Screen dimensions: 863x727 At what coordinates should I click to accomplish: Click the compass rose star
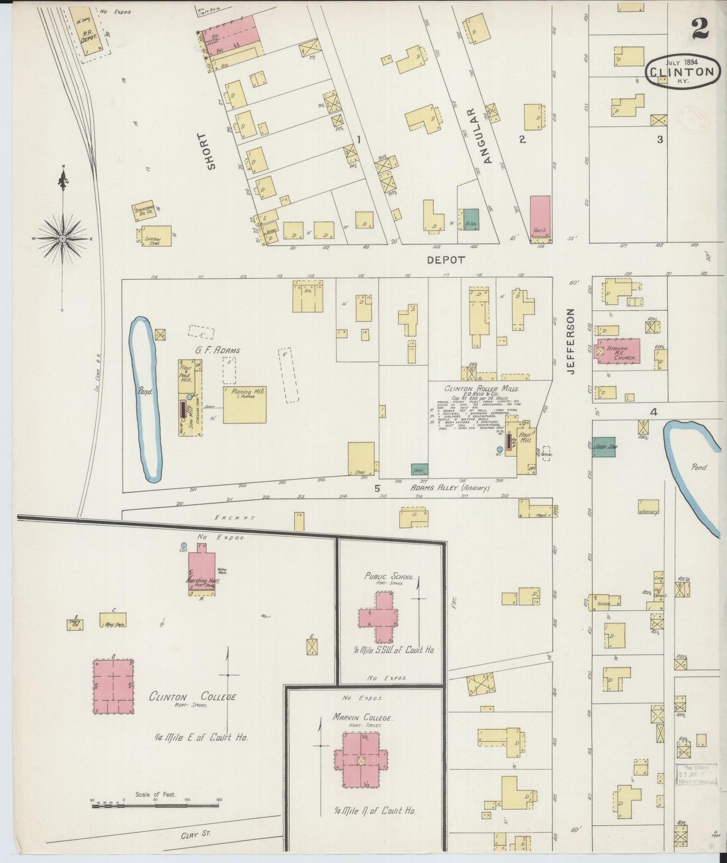click(x=62, y=238)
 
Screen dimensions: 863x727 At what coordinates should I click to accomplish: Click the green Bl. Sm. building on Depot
click(x=471, y=220)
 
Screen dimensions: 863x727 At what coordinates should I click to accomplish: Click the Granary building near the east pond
click(x=649, y=508)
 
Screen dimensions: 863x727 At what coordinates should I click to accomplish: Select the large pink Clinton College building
click(x=113, y=686)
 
